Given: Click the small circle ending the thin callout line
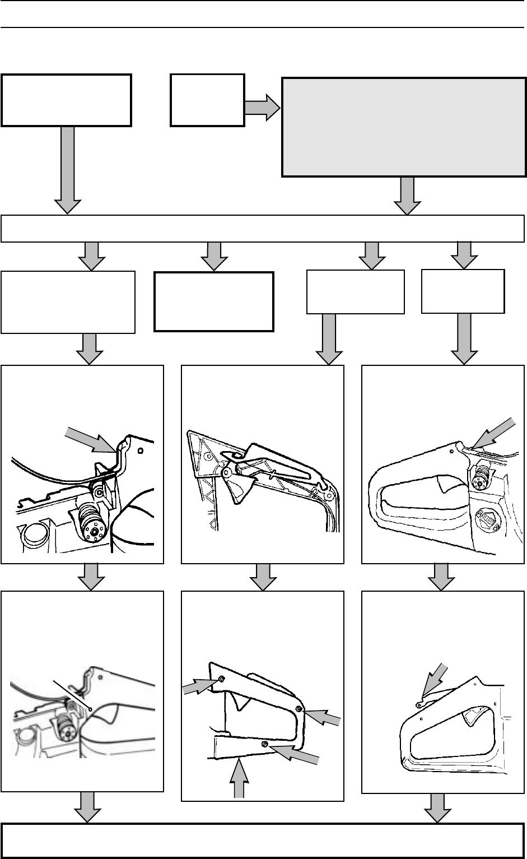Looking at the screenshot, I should (90, 708).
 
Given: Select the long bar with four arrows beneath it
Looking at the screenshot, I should (263, 229).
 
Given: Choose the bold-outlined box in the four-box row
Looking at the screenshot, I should (213, 301).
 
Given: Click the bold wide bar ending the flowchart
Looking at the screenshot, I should (263, 840).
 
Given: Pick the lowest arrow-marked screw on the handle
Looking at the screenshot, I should (264, 744).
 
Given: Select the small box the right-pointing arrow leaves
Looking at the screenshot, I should (207, 100).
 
